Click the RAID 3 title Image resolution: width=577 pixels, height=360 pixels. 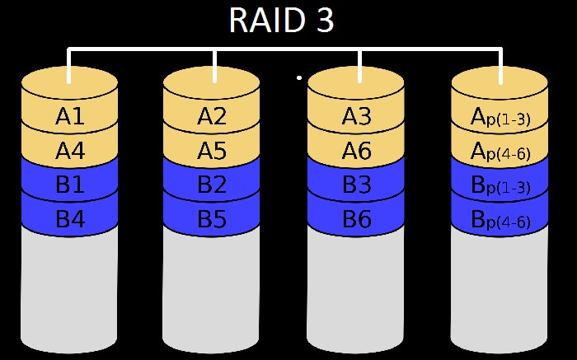[x=281, y=21]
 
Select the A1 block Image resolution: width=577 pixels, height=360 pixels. [x=70, y=118]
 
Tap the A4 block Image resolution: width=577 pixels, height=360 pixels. [x=70, y=152]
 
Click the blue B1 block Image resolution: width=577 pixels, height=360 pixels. [x=70, y=185]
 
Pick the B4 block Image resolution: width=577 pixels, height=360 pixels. [x=70, y=220]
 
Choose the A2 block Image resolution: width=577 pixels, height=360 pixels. [x=212, y=118]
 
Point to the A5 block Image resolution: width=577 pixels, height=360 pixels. [x=212, y=152]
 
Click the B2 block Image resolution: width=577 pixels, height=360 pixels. [x=212, y=185]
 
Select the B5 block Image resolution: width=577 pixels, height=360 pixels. [x=212, y=220]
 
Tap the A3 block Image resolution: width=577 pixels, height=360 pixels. [x=356, y=118]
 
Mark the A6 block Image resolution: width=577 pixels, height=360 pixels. [x=356, y=152]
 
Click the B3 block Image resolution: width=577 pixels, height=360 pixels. [x=356, y=185]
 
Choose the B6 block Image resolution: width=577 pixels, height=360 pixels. [x=356, y=220]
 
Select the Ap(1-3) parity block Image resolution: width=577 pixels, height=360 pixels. [x=500, y=119]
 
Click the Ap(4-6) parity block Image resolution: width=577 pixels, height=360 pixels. [x=500, y=152]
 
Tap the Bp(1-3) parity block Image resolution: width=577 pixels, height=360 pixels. [x=500, y=186]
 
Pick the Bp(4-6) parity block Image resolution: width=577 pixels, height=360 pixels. [x=500, y=221]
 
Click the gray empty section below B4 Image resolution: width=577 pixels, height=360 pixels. [x=70, y=288]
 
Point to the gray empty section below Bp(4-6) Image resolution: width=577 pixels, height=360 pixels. [x=500, y=288]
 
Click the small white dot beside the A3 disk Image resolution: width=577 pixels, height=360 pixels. [x=299, y=78]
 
